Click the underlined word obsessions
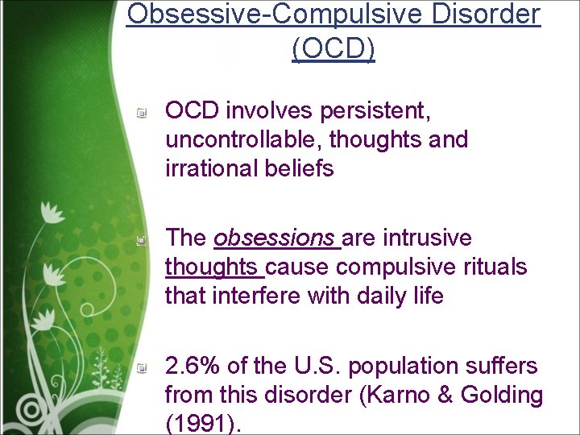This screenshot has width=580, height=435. [274, 238]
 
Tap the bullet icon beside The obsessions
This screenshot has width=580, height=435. [141, 240]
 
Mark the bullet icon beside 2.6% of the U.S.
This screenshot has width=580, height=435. [141, 368]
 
